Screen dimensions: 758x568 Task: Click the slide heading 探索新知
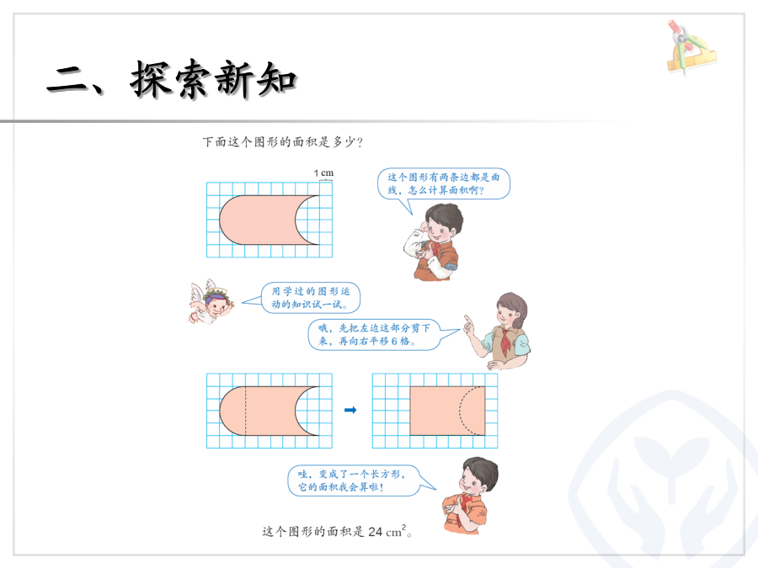[x=213, y=79]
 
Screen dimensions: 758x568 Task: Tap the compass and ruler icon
[x=691, y=47]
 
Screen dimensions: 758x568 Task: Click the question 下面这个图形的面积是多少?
[x=282, y=142]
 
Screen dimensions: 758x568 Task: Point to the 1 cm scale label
[x=323, y=173]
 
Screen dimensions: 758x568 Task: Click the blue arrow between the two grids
[x=350, y=410]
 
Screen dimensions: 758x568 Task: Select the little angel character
[x=211, y=301]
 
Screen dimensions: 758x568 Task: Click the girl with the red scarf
[x=498, y=332]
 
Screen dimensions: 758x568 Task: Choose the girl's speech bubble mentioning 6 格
[x=384, y=334]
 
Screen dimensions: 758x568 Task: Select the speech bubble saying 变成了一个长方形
[x=361, y=480]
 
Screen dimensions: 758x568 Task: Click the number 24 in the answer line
[x=375, y=532]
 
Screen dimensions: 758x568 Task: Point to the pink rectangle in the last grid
[x=447, y=411]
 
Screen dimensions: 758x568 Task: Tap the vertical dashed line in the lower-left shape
[x=246, y=411]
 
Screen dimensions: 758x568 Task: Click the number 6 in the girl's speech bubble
[x=394, y=342]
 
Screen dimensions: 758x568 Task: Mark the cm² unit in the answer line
[x=397, y=531]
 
